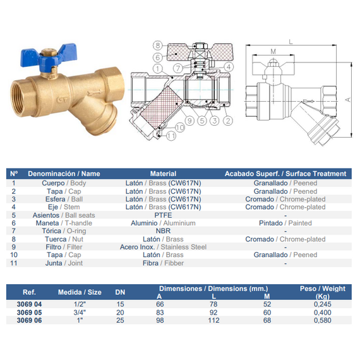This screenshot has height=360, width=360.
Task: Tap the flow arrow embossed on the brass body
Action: tap(95, 93)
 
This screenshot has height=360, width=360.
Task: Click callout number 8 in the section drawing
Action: tap(158, 45)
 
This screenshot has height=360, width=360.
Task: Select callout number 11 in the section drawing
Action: tap(171, 136)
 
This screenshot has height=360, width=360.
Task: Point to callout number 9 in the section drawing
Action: tap(189, 121)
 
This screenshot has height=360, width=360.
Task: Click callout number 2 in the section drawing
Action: tap(228, 121)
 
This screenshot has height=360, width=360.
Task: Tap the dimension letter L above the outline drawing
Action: tap(291, 42)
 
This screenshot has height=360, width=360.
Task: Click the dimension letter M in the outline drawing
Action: tap(273, 51)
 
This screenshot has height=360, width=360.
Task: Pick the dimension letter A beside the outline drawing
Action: tap(348, 100)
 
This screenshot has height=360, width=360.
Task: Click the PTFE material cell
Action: tap(163, 215)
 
